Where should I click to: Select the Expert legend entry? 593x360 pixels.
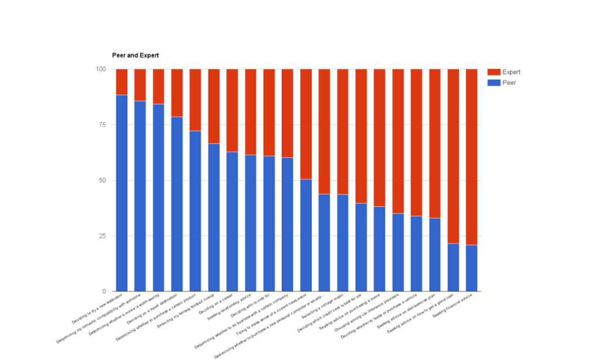pos(511,72)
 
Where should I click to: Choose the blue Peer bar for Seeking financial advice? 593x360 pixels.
pos(471,268)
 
